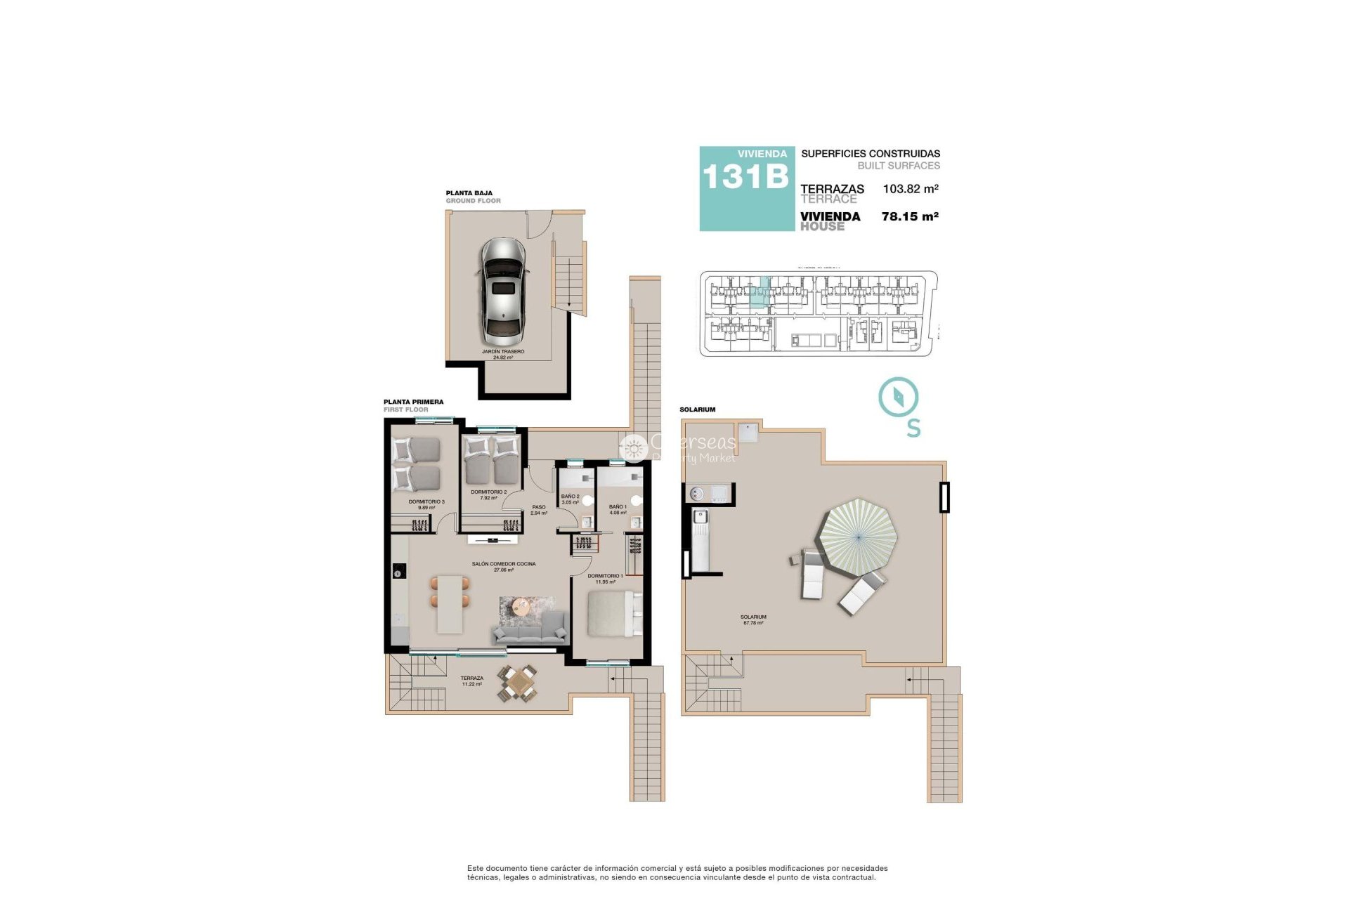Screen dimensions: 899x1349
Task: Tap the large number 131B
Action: pos(745,177)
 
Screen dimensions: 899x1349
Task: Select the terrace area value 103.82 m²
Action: pos(911,189)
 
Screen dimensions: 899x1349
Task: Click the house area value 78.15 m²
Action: pos(910,216)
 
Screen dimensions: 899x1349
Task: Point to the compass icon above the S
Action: pos(898,397)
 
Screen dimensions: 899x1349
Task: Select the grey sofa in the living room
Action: pos(531,629)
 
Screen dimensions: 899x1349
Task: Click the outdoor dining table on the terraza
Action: pos(519,682)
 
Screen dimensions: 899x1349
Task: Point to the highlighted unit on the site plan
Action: pos(759,293)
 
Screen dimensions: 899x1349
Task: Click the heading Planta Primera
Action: pos(413,402)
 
